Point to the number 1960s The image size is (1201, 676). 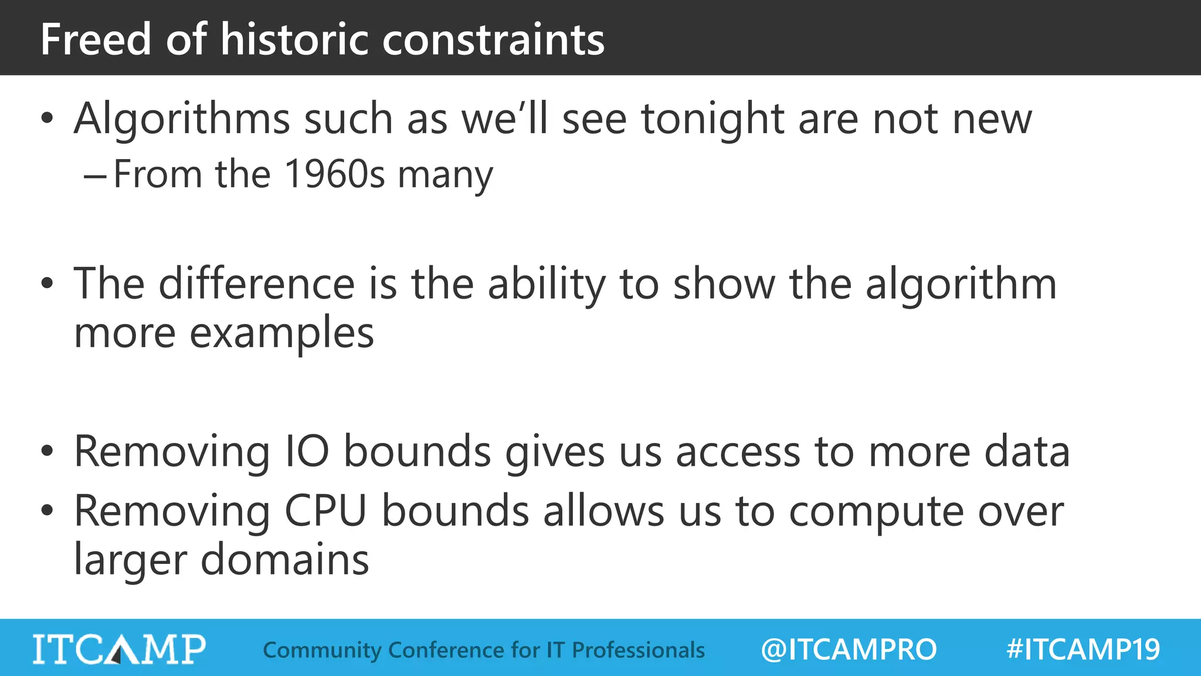(x=335, y=174)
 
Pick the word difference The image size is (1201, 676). (x=257, y=284)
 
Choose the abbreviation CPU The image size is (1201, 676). (x=325, y=511)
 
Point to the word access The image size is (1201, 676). (x=738, y=452)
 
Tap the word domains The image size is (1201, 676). (x=285, y=559)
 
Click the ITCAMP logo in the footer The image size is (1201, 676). (x=119, y=649)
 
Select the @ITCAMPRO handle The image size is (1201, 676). (x=849, y=650)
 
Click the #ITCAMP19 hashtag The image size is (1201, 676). (x=1083, y=650)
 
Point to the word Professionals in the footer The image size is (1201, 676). (x=638, y=650)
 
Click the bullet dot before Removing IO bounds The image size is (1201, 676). (x=48, y=451)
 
